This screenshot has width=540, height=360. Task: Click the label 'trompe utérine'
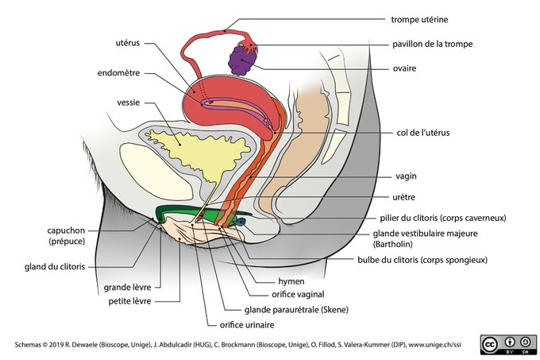pyautogui.click(x=419, y=20)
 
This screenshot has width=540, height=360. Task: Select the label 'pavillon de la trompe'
pyautogui.click(x=432, y=44)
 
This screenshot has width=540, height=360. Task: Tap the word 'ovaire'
pyautogui.click(x=404, y=68)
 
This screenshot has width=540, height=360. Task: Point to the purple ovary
pyautogui.click(x=242, y=60)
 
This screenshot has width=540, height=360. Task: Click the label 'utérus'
pyautogui.click(x=127, y=43)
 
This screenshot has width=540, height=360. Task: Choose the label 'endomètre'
pyautogui.click(x=118, y=73)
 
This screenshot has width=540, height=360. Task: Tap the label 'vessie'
pyautogui.click(x=128, y=103)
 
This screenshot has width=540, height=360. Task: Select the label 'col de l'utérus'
pyautogui.click(x=423, y=133)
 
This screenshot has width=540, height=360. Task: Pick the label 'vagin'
pyautogui.click(x=406, y=176)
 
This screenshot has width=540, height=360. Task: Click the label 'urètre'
pyautogui.click(x=403, y=197)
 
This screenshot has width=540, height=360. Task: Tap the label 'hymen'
pyautogui.click(x=291, y=282)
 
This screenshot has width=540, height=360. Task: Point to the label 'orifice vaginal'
pyautogui.click(x=298, y=295)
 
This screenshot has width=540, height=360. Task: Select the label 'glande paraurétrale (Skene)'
pyautogui.click(x=296, y=310)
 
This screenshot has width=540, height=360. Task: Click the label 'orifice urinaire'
pyautogui.click(x=247, y=325)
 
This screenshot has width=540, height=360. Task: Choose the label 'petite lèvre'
pyautogui.click(x=129, y=301)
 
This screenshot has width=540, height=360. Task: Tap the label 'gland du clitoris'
pyautogui.click(x=55, y=267)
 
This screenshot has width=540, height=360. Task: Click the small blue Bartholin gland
pyautogui.click(x=241, y=223)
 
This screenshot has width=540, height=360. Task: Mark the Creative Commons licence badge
pyautogui.click(x=508, y=344)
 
